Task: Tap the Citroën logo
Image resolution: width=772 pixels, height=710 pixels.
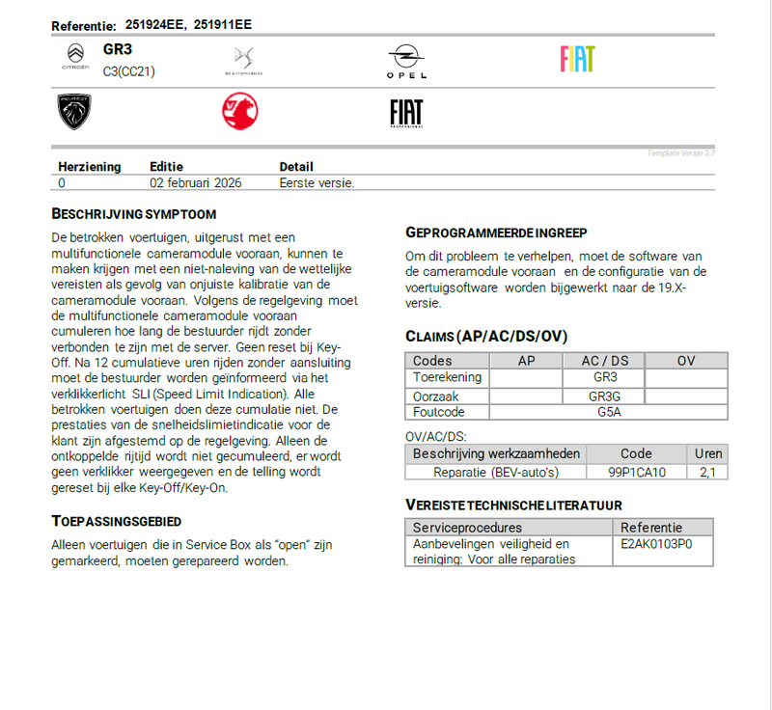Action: [74, 59]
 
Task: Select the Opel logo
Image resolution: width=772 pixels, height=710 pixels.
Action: [406, 61]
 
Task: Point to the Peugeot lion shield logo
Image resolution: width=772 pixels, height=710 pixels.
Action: [74, 112]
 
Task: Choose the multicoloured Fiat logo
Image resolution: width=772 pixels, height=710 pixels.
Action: [577, 59]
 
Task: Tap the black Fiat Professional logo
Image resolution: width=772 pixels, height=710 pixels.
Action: [406, 112]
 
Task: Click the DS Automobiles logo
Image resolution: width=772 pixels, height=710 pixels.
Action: [242, 60]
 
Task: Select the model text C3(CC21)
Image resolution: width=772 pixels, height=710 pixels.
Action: [129, 70]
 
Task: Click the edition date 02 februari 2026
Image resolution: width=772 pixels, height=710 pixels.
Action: [196, 182]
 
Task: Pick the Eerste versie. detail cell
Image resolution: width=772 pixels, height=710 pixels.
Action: [317, 182]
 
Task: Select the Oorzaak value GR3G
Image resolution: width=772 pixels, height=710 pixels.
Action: [605, 396]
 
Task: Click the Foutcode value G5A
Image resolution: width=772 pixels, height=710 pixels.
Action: [608, 412]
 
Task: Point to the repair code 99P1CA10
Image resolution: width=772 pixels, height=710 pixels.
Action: [636, 472]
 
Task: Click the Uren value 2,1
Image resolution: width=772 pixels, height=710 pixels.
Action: [707, 472]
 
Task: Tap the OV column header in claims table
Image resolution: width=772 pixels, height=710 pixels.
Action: [686, 361]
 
